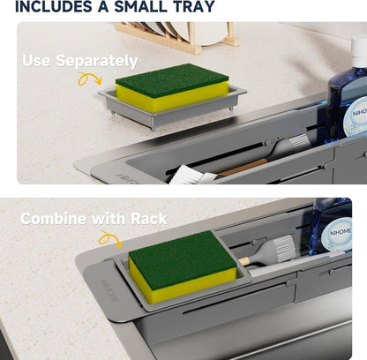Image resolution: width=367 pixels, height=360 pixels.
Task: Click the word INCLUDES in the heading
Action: tap(54, 6)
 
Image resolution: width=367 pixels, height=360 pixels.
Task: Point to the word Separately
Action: tap(97, 61)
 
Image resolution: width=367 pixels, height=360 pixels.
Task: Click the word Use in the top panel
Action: tap(36, 60)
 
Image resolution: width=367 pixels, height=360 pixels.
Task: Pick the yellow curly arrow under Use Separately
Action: tap(89, 79)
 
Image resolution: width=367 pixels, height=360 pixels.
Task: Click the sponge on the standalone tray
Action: tap(172, 87)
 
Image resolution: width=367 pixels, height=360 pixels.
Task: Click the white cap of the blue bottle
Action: tap(359, 51)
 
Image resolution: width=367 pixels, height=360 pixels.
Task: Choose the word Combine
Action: tap(54, 219)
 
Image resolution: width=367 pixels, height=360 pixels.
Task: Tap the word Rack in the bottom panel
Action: tap(149, 219)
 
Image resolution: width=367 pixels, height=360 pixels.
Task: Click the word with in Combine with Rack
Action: tap(109, 219)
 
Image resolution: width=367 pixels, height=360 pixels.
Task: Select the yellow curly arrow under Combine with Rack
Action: tap(110, 239)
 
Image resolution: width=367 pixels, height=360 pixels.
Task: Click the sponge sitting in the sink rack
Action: tap(183, 266)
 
